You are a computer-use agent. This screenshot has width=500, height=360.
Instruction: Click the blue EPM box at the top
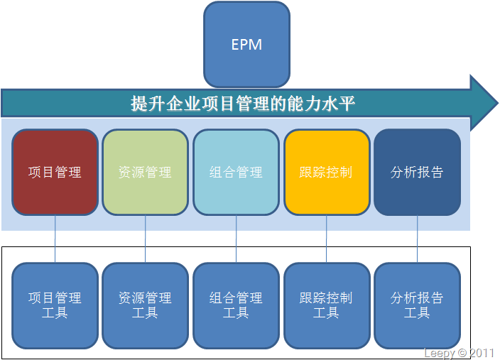click(x=246, y=45)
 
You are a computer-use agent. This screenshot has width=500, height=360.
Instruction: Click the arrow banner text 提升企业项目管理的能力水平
click(x=243, y=104)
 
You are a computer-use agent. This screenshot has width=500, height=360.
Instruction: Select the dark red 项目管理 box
click(x=55, y=172)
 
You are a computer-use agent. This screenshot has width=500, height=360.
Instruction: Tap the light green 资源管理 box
click(x=145, y=172)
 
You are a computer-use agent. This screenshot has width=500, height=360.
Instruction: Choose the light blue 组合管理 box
click(x=236, y=172)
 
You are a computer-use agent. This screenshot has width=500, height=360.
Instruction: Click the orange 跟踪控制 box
click(x=327, y=172)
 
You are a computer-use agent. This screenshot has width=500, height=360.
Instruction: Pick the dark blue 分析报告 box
click(x=417, y=172)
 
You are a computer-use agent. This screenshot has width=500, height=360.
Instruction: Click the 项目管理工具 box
click(x=55, y=305)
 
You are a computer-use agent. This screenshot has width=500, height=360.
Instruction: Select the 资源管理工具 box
click(x=145, y=305)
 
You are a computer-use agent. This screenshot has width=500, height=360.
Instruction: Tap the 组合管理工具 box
click(x=236, y=305)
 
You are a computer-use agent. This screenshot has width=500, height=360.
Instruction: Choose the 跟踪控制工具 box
click(x=327, y=305)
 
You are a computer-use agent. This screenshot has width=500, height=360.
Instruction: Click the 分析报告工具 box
click(x=417, y=305)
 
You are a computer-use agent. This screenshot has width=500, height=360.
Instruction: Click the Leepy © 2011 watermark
click(x=459, y=353)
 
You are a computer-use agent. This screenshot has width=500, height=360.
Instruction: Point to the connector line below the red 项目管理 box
click(x=55, y=239)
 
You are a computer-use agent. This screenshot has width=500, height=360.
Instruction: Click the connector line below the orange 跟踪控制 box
click(x=327, y=239)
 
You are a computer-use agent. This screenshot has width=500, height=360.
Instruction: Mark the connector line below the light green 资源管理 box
click(x=146, y=239)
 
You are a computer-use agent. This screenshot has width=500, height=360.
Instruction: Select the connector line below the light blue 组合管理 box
click(x=236, y=239)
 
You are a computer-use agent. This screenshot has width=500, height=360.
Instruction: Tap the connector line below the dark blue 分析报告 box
click(x=417, y=239)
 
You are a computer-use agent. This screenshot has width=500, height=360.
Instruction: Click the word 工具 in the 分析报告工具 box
click(x=417, y=313)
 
